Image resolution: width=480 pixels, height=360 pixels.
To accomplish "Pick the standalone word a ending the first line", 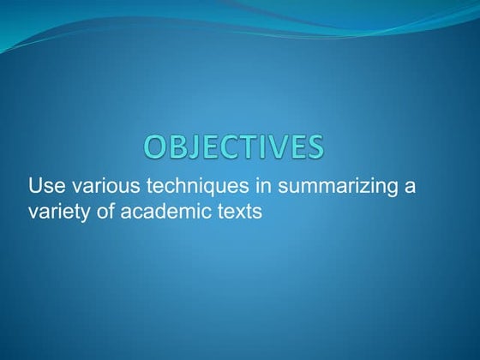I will [x=410, y=187].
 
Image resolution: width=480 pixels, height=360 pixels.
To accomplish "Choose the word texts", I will [x=234, y=210].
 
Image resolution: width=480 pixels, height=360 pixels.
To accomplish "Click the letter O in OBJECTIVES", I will [x=156, y=147].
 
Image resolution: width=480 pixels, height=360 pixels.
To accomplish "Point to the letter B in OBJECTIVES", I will [x=177, y=147].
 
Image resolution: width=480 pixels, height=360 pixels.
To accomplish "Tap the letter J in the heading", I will [x=193, y=147].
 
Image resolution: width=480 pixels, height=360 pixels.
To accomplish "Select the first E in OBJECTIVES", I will [x=209, y=147].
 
